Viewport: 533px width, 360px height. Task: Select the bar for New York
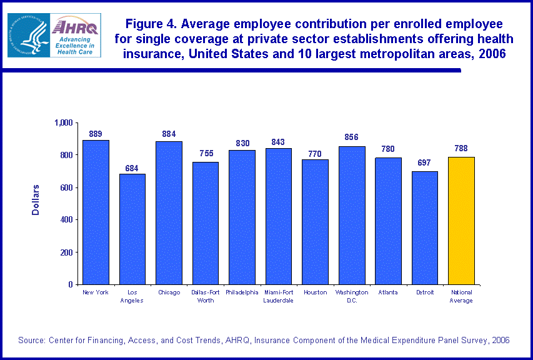[x=96, y=212]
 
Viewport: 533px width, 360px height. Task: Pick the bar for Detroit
[x=424, y=228]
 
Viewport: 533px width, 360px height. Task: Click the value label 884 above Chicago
[x=169, y=134]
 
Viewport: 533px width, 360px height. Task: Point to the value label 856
[x=351, y=138]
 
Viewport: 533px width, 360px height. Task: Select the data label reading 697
[x=424, y=163]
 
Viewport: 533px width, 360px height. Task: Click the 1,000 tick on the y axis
[x=63, y=122]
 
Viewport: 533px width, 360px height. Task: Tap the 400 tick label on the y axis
[x=66, y=220]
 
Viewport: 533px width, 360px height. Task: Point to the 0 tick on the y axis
[x=71, y=284]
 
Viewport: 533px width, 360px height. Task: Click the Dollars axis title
[x=36, y=200]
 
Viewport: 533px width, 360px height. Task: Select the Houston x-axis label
[x=315, y=292]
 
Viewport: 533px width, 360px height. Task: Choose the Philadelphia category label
[x=242, y=292]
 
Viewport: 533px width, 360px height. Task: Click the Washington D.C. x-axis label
[x=351, y=296]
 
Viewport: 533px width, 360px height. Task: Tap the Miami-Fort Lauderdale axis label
[x=278, y=296]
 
